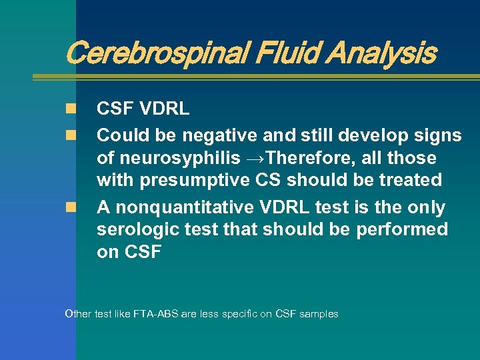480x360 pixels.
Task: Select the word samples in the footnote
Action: (319, 313)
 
